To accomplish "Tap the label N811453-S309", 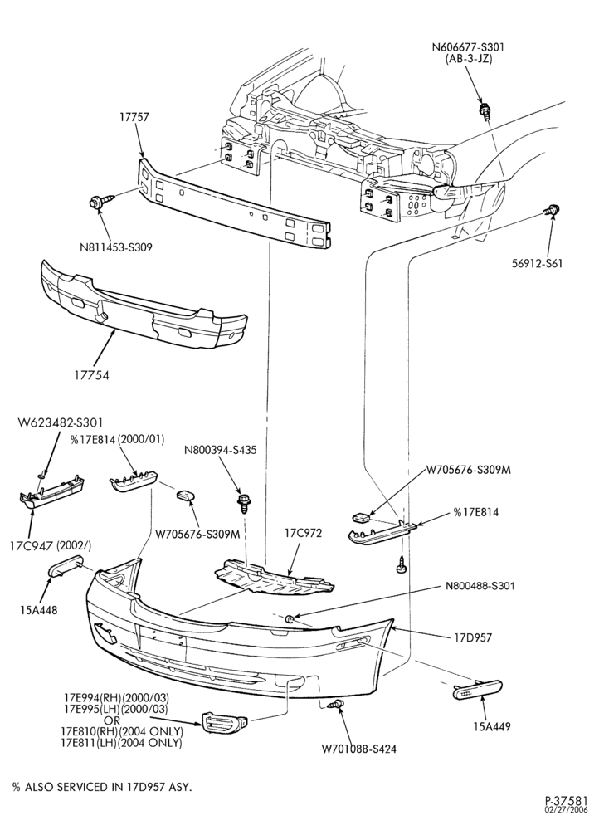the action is point(116,247).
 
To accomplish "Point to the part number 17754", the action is point(92,375).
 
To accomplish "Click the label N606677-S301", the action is point(469,46).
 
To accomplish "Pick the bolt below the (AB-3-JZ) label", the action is point(484,111).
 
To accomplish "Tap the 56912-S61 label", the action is point(537,262).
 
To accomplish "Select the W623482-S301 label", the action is point(61,422).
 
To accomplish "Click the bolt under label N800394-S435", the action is point(245,502).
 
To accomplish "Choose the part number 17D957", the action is point(472,637).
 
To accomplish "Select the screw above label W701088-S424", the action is point(335,704).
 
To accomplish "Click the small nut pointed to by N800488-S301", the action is point(290,618).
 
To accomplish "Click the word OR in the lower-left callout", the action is point(112,720).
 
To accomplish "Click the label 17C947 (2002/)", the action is point(51,546).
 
